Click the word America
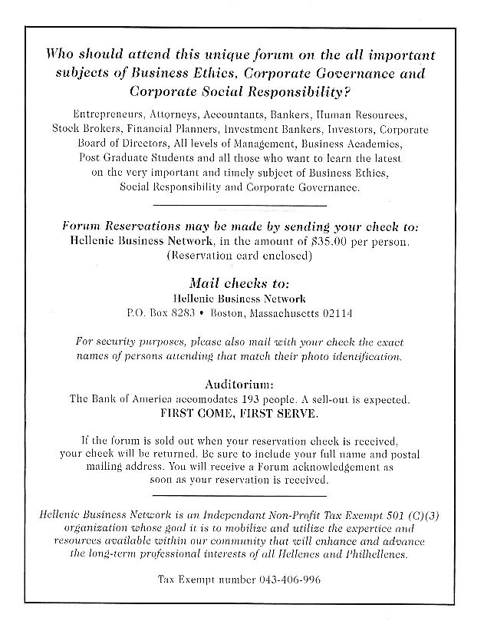[157, 400]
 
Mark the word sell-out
[328, 400]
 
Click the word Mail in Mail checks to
[204, 282]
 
